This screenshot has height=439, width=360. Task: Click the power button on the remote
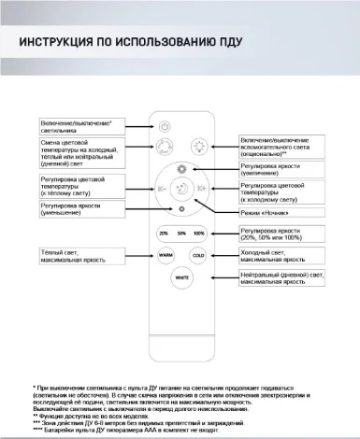pyautogui.click(x=166, y=125)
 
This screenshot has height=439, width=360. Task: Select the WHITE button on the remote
pyautogui.click(x=182, y=277)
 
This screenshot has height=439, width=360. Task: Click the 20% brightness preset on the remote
pyautogui.click(x=165, y=233)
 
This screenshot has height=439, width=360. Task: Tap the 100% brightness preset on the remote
pyautogui.click(x=198, y=233)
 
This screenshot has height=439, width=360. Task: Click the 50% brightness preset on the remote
pyautogui.click(x=181, y=233)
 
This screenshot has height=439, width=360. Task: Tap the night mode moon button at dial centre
pyautogui.click(x=182, y=187)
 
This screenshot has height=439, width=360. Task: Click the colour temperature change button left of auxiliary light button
pyautogui.click(x=166, y=146)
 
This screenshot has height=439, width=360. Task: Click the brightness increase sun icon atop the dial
pyautogui.click(x=182, y=168)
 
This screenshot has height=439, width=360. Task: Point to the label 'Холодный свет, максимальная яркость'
pyautogui.click(x=280, y=254)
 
